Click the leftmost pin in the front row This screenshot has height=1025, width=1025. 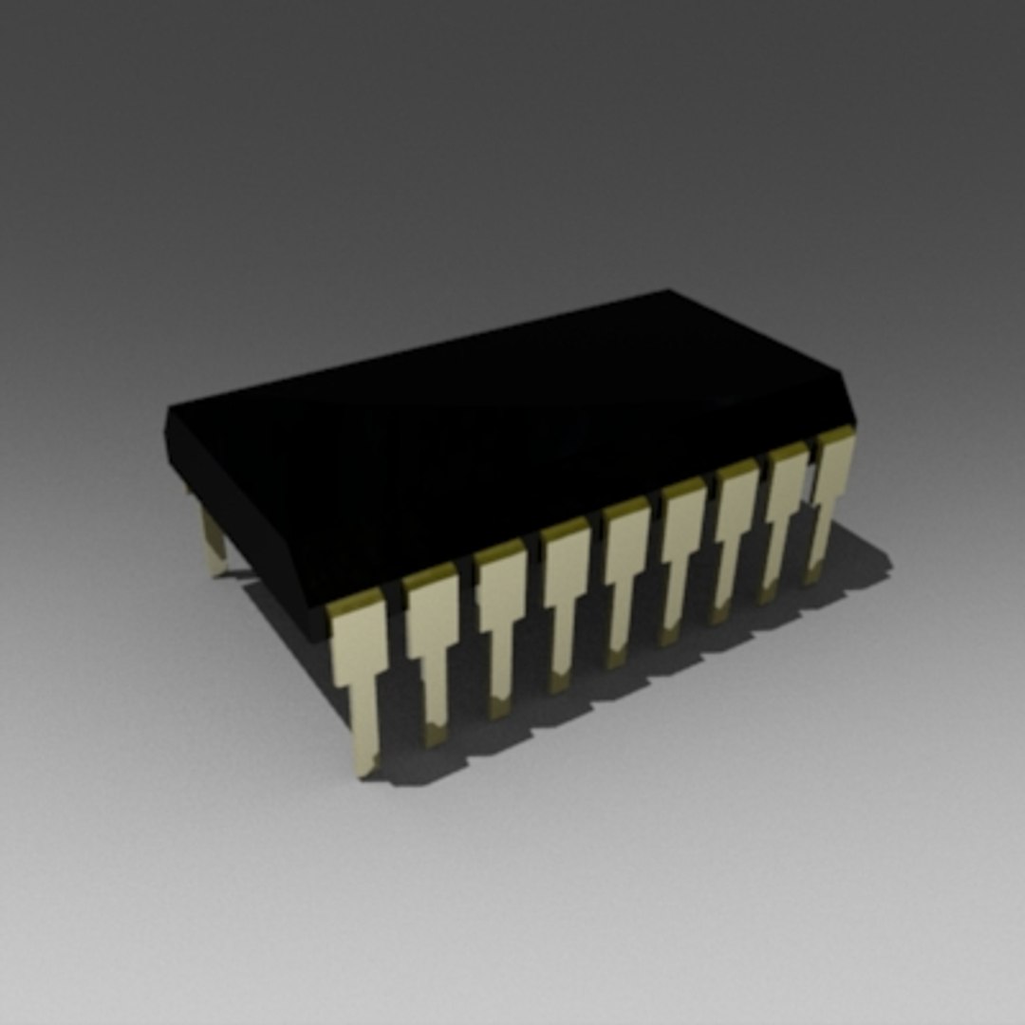[360, 664]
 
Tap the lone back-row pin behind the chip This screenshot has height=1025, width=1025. [213, 541]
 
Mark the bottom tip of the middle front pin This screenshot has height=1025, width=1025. [617, 655]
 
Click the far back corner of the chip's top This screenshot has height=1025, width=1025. [668, 293]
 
